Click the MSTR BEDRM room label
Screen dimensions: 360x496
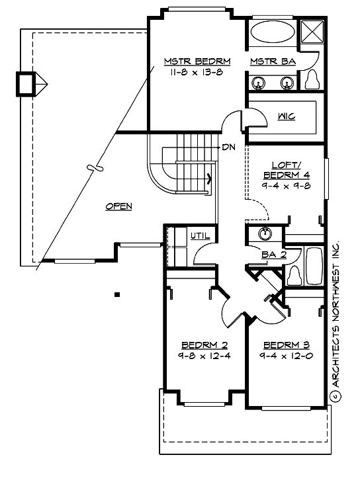pos(197,62)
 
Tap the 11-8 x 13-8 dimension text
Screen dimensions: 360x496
pos(197,73)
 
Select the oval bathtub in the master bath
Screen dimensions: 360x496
pos(273,31)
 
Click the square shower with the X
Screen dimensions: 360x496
pos(312,32)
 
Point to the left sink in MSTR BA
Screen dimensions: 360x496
pos(258,83)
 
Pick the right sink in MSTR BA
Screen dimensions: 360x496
pos(287,83)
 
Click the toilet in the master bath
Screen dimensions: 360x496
pos(312,79)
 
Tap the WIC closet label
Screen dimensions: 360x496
pos(287,116)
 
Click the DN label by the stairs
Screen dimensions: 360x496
pos(228,147)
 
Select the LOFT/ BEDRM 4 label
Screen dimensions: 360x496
pos(287,170)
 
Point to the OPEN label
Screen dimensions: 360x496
pos(118,206)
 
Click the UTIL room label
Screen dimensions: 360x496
pos(200,235)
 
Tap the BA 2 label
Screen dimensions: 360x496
pos(274,255)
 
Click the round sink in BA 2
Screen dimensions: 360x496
pos(265,233)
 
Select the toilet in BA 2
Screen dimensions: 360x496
pos(294,275)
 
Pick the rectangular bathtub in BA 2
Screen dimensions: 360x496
pos(314,266)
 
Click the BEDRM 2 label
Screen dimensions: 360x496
pos(205,345)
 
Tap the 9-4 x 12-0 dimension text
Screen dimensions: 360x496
pos(287,356)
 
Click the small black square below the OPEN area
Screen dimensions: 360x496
pos(117,295)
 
